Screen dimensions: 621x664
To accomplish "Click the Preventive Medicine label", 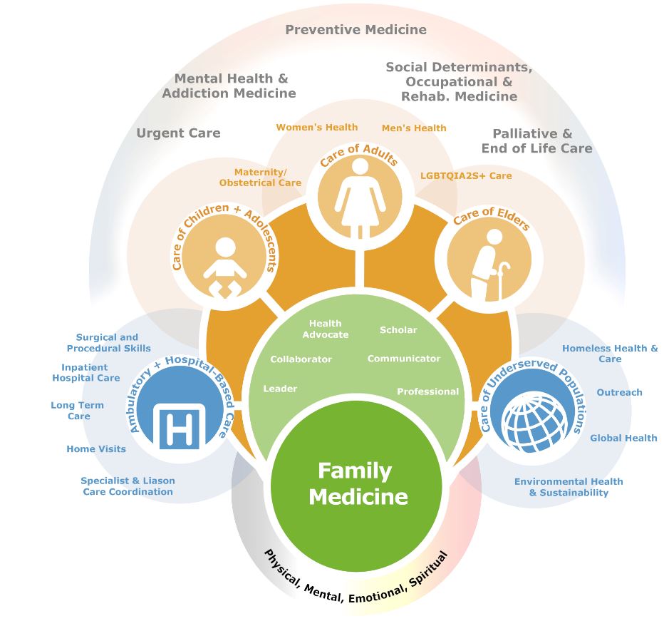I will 356,29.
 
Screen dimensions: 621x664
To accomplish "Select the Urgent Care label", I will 178,133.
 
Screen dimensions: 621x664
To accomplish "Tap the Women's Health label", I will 317,127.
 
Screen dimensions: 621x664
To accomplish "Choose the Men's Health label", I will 414,128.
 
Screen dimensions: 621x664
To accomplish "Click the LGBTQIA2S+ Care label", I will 466,175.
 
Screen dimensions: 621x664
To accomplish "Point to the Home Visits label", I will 96,449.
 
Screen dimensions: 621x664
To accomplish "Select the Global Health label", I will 623,438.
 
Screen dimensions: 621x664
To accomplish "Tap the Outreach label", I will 619,392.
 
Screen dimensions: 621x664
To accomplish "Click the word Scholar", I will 398,330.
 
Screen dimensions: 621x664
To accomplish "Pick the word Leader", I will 280,389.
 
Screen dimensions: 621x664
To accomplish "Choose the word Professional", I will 427,391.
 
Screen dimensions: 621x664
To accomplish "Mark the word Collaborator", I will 301,359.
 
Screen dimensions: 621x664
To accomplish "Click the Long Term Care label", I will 77,411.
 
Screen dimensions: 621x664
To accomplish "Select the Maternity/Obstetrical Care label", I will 260,178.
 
